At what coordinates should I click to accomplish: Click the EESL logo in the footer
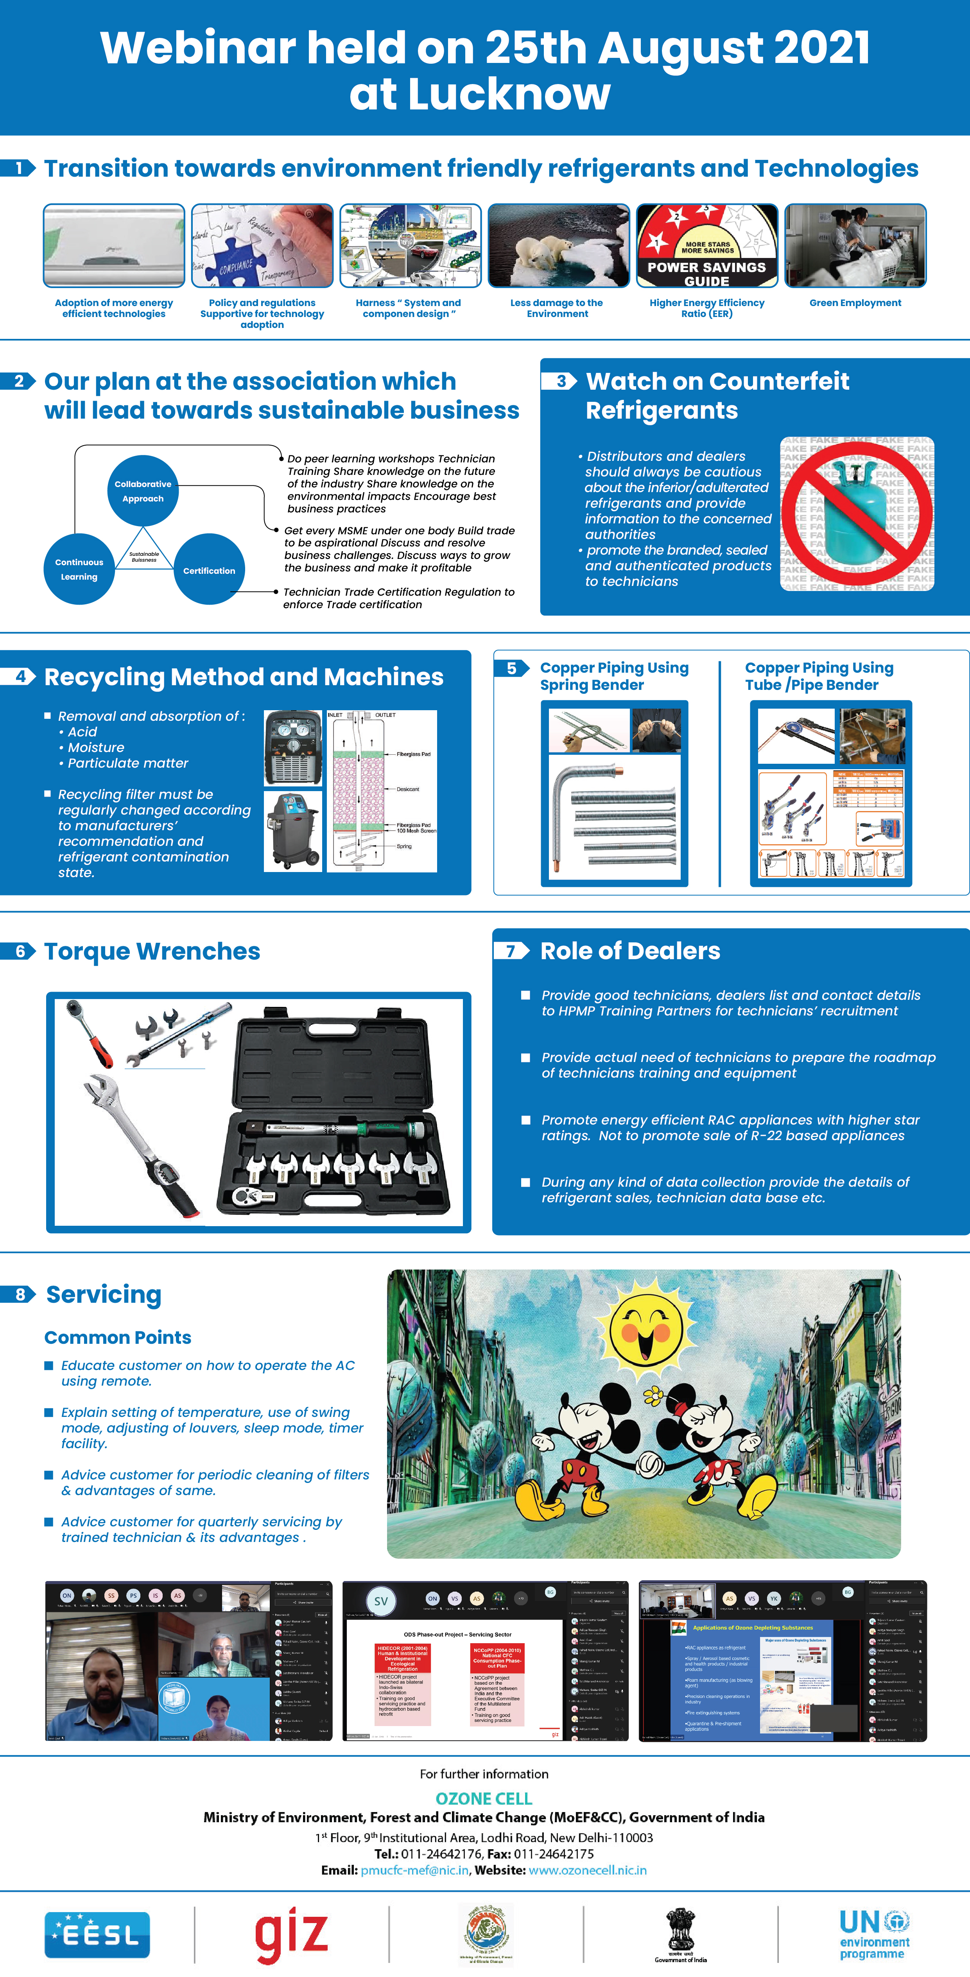[97, 1934]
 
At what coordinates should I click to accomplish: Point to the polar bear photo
[558, 245]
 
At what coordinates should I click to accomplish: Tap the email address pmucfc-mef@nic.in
[414, 1870]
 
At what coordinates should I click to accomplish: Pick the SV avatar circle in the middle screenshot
[381, 1601]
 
